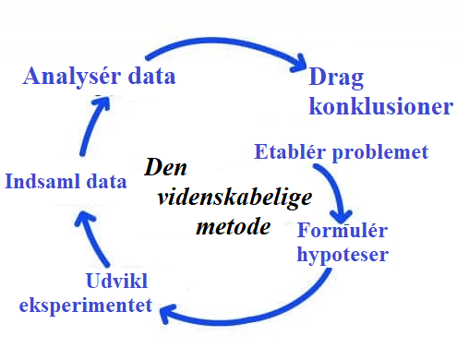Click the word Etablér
[287, 151]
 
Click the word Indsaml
[40, 182]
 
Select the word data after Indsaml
[104, 182]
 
